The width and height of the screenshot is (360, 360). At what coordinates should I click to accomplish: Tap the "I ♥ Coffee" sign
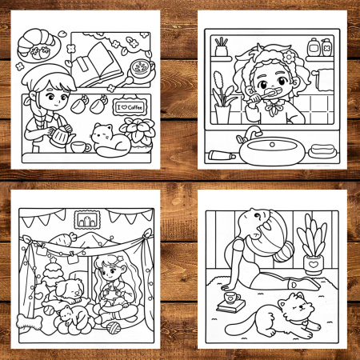tap(130, 107)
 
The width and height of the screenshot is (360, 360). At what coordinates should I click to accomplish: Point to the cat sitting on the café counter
tap(110, 141)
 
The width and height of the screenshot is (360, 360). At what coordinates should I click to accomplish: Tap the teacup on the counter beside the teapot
tap(80, 147)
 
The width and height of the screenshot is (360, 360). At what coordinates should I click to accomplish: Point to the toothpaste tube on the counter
tap(222, 154)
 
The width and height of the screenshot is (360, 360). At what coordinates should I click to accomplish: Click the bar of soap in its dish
tap(323, 150)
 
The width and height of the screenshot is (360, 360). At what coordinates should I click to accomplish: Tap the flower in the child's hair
tap(289, 57)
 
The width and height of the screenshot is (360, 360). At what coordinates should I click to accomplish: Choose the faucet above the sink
tap(250, 134)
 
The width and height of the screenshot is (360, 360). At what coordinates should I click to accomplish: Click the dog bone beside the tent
tap(29, 322)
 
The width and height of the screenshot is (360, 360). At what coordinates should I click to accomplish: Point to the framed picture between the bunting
tap(87, 220)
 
